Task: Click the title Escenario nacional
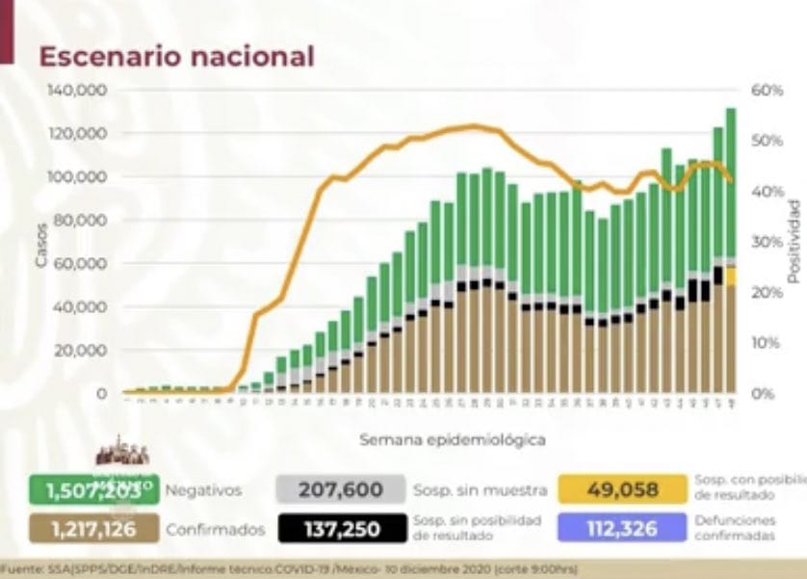click(176, 56)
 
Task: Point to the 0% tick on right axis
click(764, 393)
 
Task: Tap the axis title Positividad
click(794, 241)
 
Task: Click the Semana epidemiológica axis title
click(453, 439)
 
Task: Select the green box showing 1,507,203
click(92, 489)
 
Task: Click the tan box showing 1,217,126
click(92, 528)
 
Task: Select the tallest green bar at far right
click(731, 183)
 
